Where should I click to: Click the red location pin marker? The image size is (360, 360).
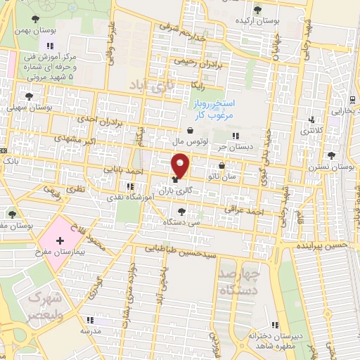point(181,165)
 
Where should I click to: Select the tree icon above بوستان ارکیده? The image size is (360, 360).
point(258,9)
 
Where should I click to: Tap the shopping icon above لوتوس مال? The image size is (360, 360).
point(191,131)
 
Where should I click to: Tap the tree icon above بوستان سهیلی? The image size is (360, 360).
point(29,96)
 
